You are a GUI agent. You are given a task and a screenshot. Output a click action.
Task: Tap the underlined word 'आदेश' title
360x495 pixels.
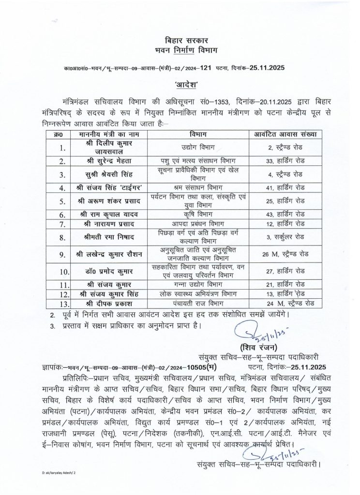180,85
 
